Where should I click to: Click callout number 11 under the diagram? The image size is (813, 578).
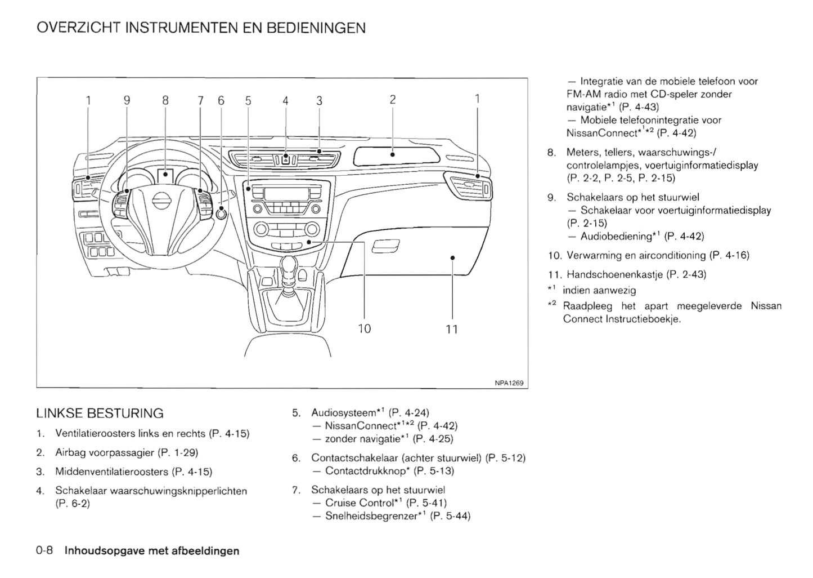click(x=452, y=329)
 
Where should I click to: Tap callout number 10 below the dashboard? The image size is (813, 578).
click(x=365, y=328)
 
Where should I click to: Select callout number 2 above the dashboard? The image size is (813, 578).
click(x=393, y=100)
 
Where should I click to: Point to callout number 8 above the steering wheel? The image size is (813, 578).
click(x=165, y=101)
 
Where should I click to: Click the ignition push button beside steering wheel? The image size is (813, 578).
click(x=222, y=214)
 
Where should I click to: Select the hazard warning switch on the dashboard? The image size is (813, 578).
click(x=285, y=159)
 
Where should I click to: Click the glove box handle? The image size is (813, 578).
click(x=385, y=246)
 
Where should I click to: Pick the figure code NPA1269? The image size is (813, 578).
click(x=509, y=383)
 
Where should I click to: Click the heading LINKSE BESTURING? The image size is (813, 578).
click(x=100, y=414)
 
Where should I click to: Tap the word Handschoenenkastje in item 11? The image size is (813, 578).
click(x=615, y=274)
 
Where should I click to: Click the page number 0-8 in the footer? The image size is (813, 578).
click(x=44, y=550)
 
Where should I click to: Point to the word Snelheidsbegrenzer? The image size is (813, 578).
click(x=371, y=515)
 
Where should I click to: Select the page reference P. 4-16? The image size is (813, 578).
click(x=729, y=255)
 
